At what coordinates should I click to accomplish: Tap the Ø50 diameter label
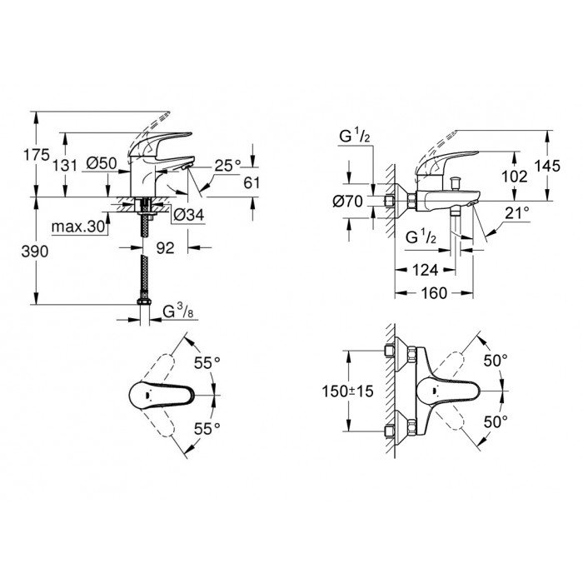[102, 165]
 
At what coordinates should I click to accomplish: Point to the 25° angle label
[228, 165]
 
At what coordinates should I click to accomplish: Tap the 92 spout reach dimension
[167, 247]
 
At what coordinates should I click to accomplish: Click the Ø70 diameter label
[350, 201]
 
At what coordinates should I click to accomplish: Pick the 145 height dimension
[548, 167]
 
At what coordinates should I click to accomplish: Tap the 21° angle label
[516, 214]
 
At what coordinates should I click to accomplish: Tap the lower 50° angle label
[497, 422]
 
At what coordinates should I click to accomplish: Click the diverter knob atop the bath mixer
[457, 181]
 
